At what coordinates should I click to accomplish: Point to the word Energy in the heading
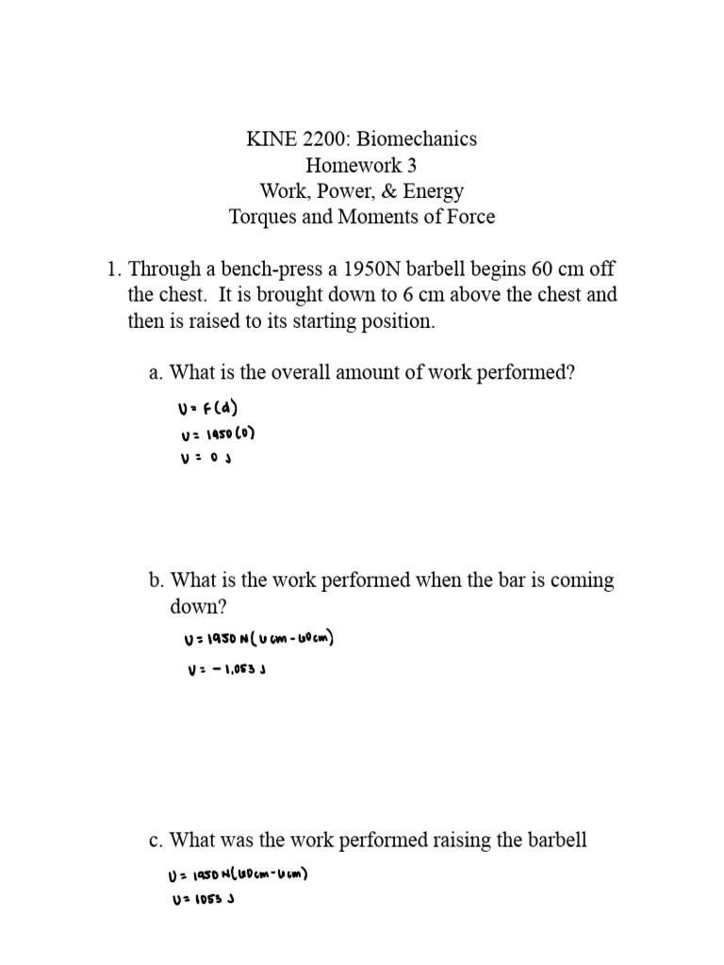pyautogui.click(x=432, y=191)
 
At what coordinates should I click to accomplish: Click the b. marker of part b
pyautogui.click(x=156, y=581)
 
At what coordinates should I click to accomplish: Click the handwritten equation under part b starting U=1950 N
pyautogui.click(x=259, y=641)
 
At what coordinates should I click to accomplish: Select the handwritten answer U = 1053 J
pyautogui.click(x=202, y=899)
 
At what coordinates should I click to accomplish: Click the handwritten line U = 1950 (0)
pyautogui.click(x=216, y=435)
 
